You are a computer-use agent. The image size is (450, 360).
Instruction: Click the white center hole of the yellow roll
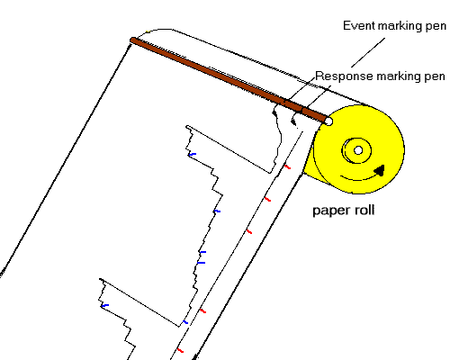tap(358, 150)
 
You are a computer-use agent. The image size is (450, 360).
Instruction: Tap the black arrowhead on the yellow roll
tap(380, 170)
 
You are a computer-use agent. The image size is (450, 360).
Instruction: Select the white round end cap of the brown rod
tap(328, 121)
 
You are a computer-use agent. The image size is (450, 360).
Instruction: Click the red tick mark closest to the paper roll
tap(287, 166)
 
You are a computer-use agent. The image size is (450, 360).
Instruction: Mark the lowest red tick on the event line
tap(180, 350)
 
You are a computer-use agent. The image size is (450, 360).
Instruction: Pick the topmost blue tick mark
tap(192, 155)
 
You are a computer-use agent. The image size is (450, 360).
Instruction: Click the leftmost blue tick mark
tap(104, 306)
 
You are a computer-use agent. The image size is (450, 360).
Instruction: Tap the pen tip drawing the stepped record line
tap(274, 113)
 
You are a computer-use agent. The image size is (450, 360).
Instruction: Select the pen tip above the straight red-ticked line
tap(293, 122)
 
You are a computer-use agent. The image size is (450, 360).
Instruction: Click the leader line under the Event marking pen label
tap(368, 52)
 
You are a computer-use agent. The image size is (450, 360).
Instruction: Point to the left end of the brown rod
tap(132, 40)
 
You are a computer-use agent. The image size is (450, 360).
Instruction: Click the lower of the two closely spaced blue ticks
tap(202, 263)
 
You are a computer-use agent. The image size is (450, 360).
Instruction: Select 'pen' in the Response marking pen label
tap(435, 77)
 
